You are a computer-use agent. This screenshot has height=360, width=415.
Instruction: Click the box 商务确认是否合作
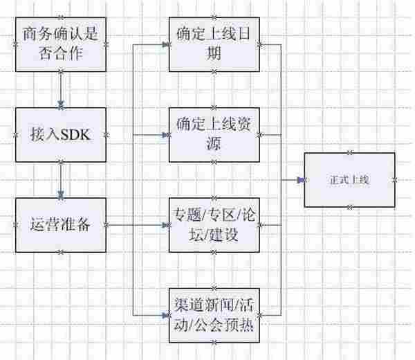61,43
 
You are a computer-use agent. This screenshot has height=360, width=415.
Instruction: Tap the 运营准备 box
61,224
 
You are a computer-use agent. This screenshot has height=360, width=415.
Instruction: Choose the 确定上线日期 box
214,43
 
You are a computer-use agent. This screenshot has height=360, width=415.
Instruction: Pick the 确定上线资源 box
214,134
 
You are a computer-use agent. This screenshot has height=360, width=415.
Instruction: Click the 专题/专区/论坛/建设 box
214,224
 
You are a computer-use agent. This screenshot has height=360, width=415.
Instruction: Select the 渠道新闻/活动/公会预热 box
214,314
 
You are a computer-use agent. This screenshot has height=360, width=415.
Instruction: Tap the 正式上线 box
350,179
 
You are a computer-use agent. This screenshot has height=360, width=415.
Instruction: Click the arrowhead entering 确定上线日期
165,43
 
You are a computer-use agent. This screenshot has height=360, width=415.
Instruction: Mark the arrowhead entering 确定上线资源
165,134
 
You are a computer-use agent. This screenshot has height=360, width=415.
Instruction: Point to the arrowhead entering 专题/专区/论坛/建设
165,224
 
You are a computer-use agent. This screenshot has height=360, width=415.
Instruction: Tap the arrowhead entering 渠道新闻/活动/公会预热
165,314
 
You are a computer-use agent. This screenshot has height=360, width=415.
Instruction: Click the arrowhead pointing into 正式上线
301,179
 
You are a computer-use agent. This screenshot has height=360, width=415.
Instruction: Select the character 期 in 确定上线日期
214,54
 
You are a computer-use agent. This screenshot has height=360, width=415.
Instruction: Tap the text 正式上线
350,179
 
